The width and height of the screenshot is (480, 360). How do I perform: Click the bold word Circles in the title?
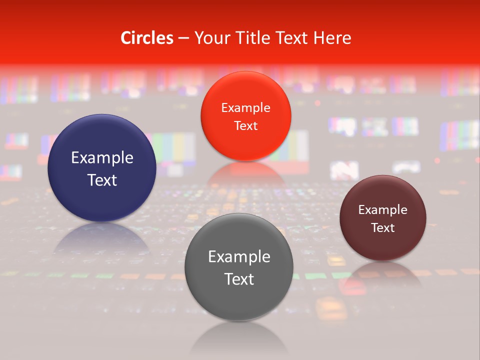(147, 38)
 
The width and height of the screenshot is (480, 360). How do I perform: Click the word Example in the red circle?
(245, 108)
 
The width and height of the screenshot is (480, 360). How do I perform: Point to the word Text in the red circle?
(245, 125)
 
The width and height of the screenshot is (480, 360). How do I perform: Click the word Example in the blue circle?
(102, 158)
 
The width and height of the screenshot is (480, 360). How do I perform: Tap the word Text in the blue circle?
(102, 180)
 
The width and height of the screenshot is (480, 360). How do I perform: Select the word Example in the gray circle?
(239, 257)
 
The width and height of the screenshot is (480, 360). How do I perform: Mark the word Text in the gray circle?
(239, 279)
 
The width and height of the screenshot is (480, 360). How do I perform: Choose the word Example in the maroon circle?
(383, 210)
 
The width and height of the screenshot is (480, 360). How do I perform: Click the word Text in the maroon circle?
(383, 227)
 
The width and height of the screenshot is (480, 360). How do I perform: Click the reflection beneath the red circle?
(245, 172)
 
